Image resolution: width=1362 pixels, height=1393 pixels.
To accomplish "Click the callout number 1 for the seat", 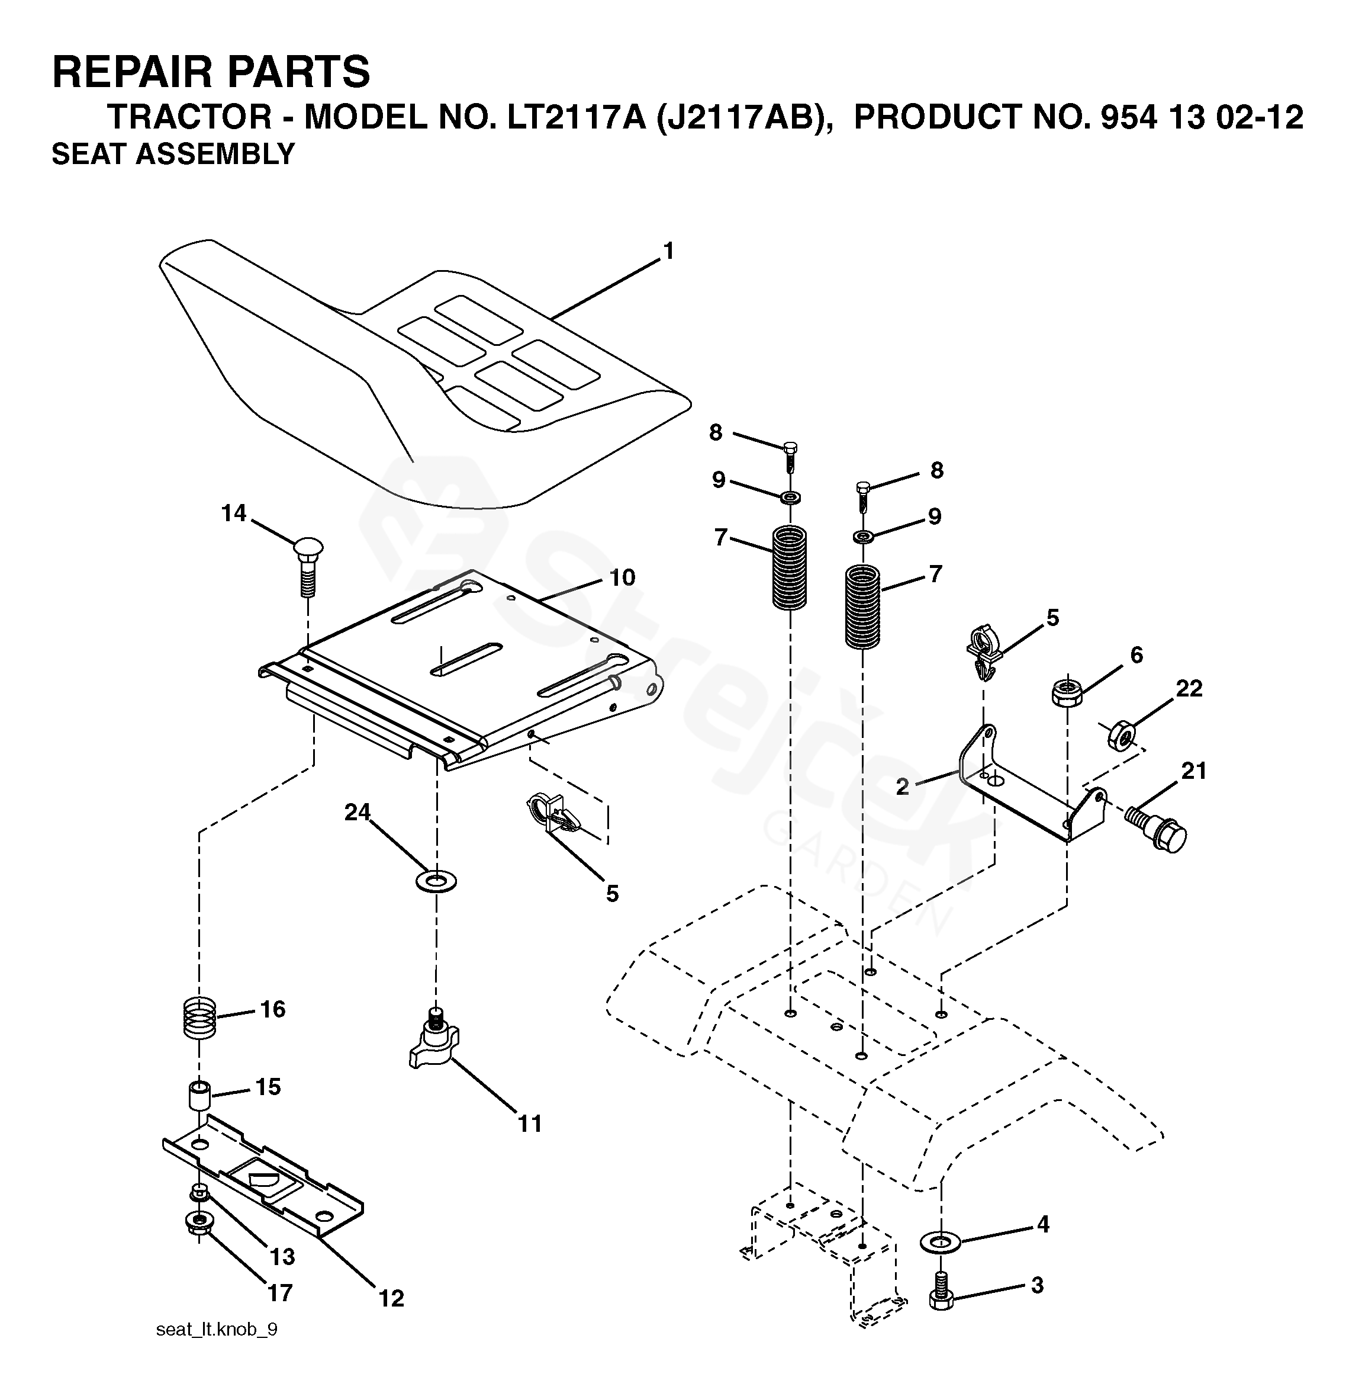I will point(668,252).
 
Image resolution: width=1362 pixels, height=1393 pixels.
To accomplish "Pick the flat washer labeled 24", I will point(436,881).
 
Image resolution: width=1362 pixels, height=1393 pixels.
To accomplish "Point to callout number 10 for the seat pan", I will point(622,577).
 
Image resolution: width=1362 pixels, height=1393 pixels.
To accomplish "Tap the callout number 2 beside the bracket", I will point(903,787).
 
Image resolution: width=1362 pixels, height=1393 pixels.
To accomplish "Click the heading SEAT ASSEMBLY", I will point(173,155).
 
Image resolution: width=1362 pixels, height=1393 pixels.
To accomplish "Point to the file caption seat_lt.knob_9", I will point(217,1329).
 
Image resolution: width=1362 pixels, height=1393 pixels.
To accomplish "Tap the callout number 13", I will point(282,1256).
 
